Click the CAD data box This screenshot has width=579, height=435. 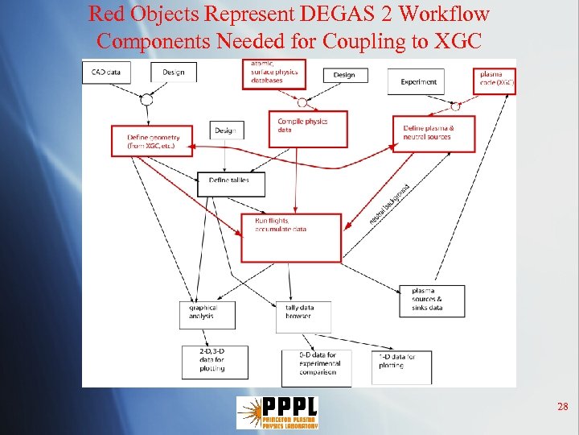[x=106, y=72]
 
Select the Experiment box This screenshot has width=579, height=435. [x=419, y=81]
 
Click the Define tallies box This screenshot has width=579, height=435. [x=230, y=182]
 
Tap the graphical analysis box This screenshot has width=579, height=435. [x=207, y=312]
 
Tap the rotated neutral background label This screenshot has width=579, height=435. [x=388, y=204]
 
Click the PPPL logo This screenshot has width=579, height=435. [x=277, y=412]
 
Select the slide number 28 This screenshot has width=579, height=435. [x=563, y=408]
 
